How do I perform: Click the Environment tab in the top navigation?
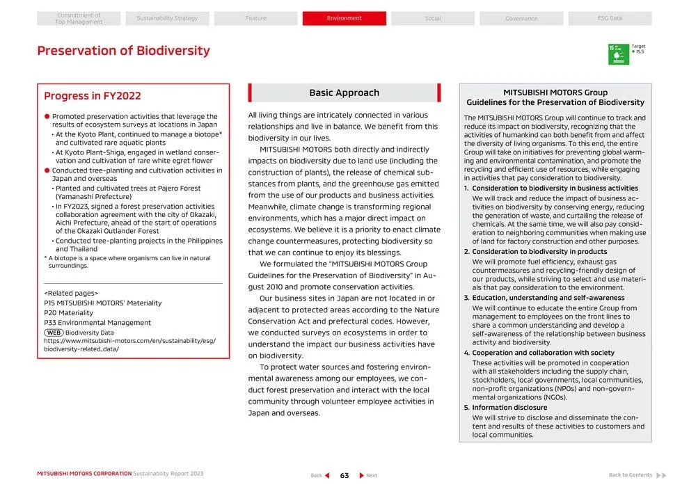344,18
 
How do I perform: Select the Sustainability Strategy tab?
167,18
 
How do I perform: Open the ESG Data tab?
610,18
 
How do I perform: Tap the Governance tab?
521,19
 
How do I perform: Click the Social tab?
433,19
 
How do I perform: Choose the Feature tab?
255,18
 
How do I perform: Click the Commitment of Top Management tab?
79,19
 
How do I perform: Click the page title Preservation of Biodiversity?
123,51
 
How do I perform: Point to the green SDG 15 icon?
618,54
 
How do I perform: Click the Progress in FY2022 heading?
93,96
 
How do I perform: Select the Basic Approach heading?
344,93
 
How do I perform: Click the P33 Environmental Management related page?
97,323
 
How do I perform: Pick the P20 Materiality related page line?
68,313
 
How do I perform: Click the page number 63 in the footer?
344,476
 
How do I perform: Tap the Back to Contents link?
631,475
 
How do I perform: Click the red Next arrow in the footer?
362,476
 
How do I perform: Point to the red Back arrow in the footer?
327,476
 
